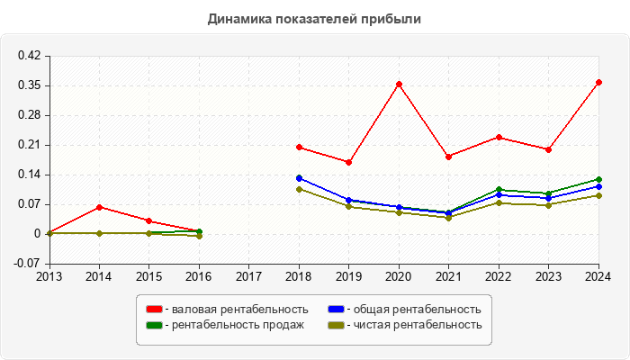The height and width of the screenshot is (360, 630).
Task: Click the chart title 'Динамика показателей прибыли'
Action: coord(314,18)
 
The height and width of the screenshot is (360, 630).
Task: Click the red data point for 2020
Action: coord(399,84)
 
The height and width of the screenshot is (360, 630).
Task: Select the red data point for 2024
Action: coord(598,82)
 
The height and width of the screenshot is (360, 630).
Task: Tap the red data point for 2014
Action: coord(99,207)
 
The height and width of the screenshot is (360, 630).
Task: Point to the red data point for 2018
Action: coord(299,147)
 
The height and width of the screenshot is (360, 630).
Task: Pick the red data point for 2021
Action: coord(448,157)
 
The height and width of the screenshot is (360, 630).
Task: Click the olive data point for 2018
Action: coord(299,189)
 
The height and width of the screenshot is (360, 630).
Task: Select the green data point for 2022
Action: coord(499,190)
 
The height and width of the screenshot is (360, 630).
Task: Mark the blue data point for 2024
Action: coord(598,186)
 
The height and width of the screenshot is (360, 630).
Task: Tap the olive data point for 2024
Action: coord(598,195)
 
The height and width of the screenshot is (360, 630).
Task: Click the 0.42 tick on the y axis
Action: coord(29,56)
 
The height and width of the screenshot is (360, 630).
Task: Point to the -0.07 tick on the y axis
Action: coord(27,264)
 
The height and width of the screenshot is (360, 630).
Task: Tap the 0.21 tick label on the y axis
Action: coord(29,145)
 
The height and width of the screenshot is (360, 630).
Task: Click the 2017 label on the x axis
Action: coord(249,276)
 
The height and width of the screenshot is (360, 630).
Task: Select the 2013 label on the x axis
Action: coord(49,276)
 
